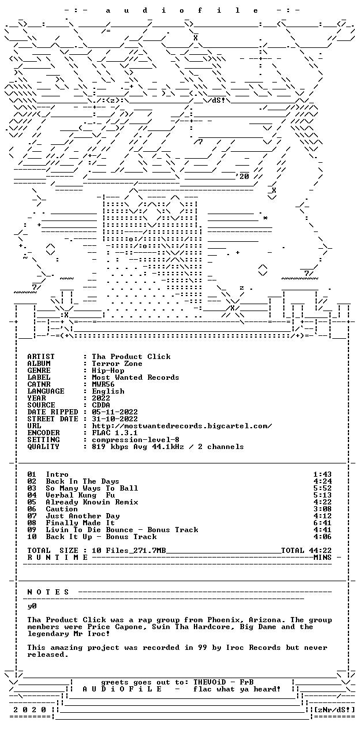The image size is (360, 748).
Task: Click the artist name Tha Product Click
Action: pyautogui.click(x=131, y=357)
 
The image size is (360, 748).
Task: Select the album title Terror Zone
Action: pyautogui.click(x=117, y=364)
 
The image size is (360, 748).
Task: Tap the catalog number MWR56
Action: pyautogui.click(x=103, y=384)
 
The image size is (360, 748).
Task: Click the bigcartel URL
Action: pyautogui.click(x=182, y=426)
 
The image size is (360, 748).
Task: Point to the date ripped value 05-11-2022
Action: pyautogui.click(x=115, y=412)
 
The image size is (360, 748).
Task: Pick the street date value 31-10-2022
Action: pyautogui.click(x=115, y=419)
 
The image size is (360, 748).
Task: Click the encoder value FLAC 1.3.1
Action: pyautogui.click(x=115, y=433)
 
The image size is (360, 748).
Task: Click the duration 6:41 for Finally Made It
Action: pyautogui.click(x=322, y=523)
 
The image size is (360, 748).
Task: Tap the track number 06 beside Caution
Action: pyautogui.click(x=32, y=509)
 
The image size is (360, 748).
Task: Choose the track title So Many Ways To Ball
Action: pyautogui.click(x=92, y=488)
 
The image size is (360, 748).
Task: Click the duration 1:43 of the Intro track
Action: pyautogui.click(x=322, y=474)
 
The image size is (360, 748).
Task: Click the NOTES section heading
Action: pyautogui.click(x=48, y=592)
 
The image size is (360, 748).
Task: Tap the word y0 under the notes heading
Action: pyautogui.click(x=32, y=606)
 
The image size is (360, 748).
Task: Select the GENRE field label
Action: pyautogui.click(x=39, y=371)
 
